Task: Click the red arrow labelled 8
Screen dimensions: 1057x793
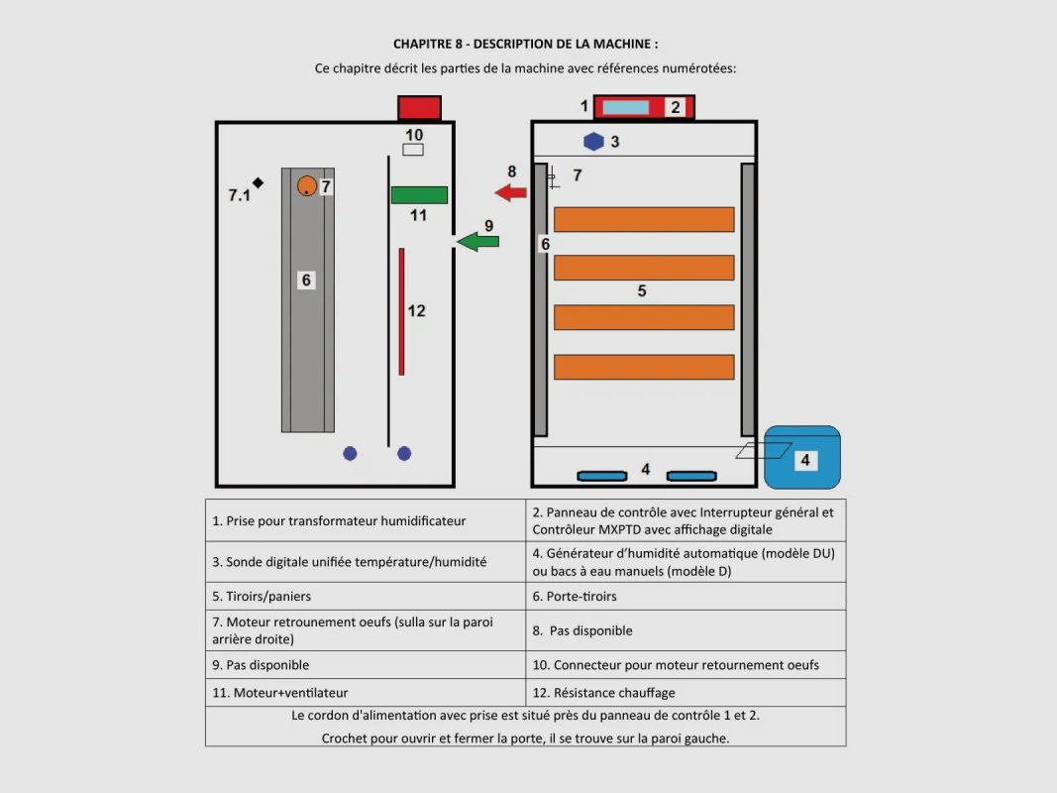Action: click(x=510, y=193)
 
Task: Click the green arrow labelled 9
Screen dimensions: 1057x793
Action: click(x=477, y=242)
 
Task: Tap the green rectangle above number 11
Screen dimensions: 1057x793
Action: click(x=419, y=195)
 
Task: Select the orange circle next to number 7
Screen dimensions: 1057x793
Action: click(x=307, y=185)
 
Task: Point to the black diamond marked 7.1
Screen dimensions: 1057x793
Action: click(x=259, y=182)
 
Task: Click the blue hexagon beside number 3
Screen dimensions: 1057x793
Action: click(x=593, y=142)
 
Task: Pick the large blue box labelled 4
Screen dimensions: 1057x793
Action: click(x=802, y=457)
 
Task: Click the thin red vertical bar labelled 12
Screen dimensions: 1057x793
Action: click(x=401, y=311)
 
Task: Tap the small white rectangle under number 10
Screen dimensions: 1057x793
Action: click(x=413, y=150)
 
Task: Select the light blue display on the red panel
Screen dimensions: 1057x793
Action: click(x=625, y=107)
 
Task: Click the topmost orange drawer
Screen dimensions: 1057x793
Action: click(x=644, y=220)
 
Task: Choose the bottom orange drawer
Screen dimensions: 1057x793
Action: click(x=644, y=367)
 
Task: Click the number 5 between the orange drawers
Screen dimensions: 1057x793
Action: click(x=642, y=290)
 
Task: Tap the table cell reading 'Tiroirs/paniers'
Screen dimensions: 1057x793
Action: click(x=366, y=596)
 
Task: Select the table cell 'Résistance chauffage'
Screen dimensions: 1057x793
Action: click(x=686, y=693)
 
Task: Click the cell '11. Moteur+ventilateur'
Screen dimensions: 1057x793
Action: click(x=366, y=693)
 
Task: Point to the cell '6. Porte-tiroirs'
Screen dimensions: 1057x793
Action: click(x=686, y=596)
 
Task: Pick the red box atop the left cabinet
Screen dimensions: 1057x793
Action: click(x=419, y=108)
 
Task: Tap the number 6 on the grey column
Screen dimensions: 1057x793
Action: click(x=306, y=280)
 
